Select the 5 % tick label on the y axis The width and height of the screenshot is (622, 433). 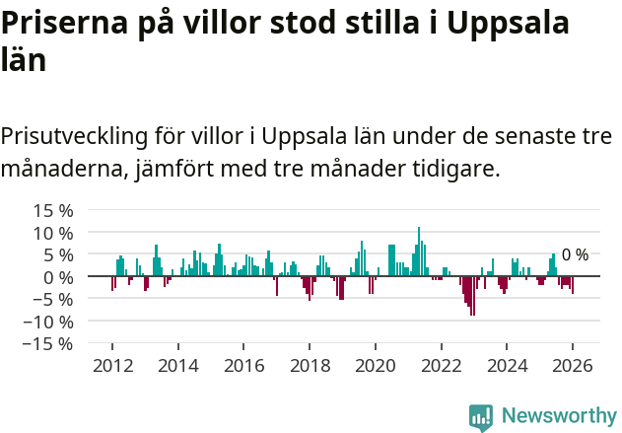click(x=57, y=254)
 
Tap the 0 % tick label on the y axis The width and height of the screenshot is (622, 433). click(x=57, y=277)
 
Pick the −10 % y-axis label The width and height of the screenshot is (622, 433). click(x=48, y=322)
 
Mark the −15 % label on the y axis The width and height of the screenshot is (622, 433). click(x=48, y=343)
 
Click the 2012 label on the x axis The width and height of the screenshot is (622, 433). click(x=112, y=365)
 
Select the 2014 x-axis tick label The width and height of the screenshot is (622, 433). click(x=178, y=365)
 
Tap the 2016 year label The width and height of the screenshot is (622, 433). click(x=243, y=365)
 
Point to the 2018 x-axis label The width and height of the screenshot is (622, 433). click(x=310, y=365)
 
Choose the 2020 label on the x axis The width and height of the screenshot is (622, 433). click(x=376, y=365)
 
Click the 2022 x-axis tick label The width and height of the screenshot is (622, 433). click(x=442, y=365)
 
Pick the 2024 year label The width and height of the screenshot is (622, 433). click(x=507, y=365)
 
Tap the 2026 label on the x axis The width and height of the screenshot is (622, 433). click(x=573, y=365)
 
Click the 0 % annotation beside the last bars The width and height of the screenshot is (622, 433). click(x=575, y=254)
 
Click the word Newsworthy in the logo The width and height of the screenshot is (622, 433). click(x=558, y=415)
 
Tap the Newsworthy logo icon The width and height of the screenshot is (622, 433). click(x=481, y=416)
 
